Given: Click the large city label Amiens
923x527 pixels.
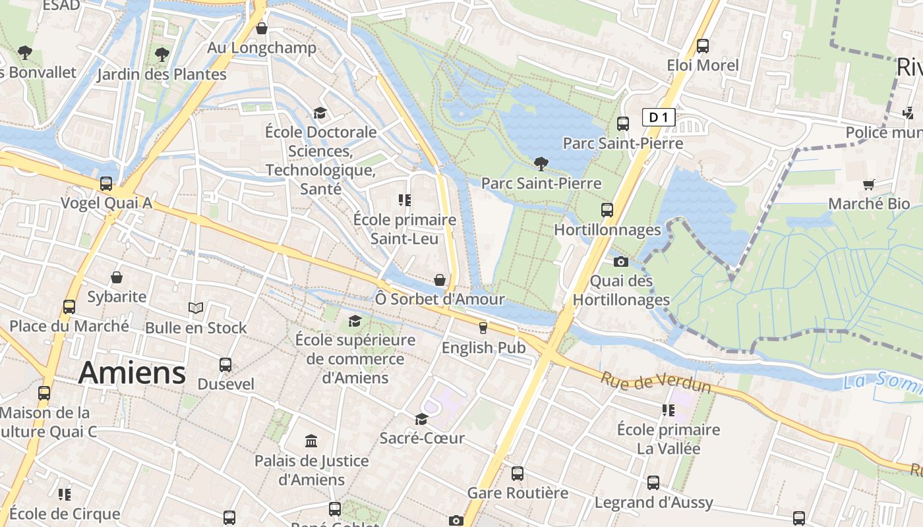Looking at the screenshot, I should click(x=132, y=373).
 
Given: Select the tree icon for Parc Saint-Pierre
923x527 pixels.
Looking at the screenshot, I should click(x=541, y=163).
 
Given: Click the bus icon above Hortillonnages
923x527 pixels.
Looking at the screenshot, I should click(x=607, y=210).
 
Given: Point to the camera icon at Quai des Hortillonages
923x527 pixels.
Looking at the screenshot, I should click(x=620, y=262).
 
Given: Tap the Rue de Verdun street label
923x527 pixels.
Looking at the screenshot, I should click(x=656, y=383).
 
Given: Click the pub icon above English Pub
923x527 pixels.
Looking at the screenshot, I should click(x=483, y=327).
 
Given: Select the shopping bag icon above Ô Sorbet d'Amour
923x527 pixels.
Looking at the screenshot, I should click(x=440, y=280).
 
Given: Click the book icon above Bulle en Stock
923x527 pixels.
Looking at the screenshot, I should click(x=196, y=308).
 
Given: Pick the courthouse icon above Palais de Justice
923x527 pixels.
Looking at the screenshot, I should click(x=311, y=441).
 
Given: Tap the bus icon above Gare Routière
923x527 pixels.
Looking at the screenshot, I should click(x=518, y=473).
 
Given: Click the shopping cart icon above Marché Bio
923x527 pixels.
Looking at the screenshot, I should click(x=869, y=184).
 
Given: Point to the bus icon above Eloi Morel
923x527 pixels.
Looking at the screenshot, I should click(x=703, y=46).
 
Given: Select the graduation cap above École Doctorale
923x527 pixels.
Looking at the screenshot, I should click(x=320, y=113).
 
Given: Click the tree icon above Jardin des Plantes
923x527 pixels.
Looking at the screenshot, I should click(x=162, y=54).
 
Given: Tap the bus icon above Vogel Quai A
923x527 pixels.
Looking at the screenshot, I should click(x=106, y=183).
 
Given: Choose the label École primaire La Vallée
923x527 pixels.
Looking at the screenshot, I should click(x=669, y=439).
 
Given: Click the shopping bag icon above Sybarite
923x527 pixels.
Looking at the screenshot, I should click(x=117, y=277).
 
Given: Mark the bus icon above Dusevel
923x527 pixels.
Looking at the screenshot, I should click(x=225, y=364).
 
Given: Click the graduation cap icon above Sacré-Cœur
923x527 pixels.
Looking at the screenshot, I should click(x=421, y=419).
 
